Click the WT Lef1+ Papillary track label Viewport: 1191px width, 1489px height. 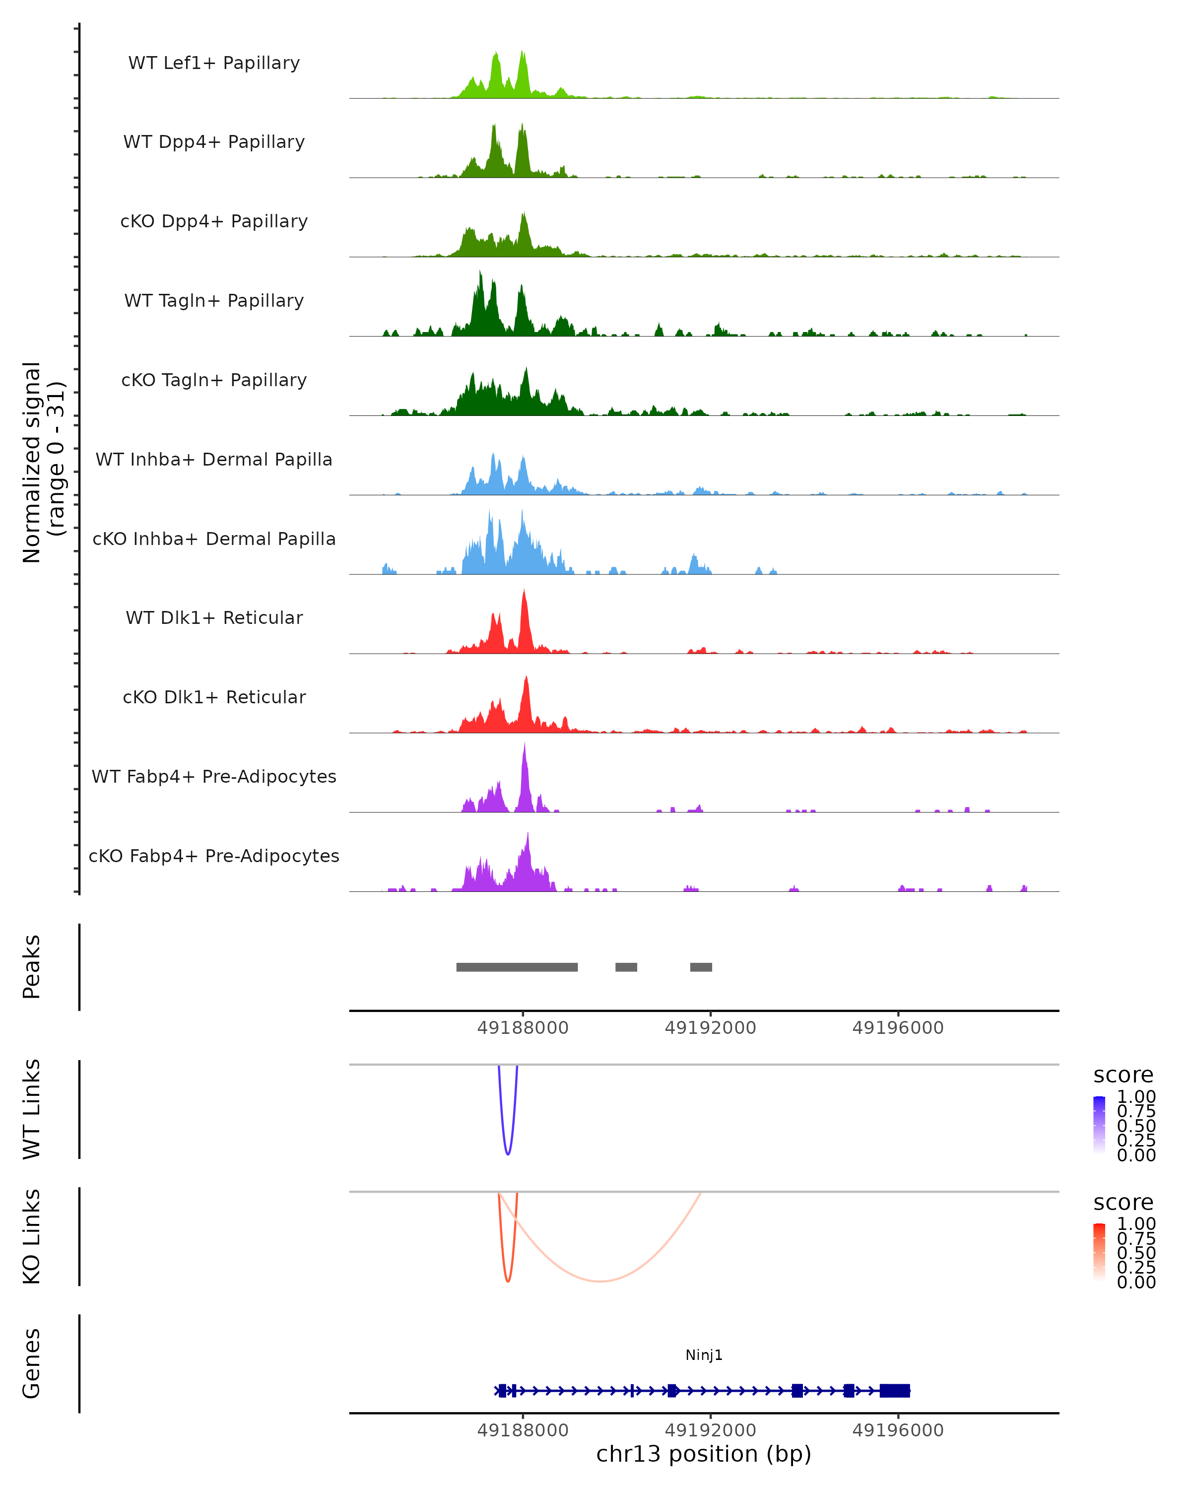coord(214,63)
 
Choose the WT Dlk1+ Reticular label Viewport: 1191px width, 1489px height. coord(214,617)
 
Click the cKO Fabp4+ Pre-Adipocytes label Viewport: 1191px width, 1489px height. coord(214,856)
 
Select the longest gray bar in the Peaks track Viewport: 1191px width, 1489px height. coord(517,967)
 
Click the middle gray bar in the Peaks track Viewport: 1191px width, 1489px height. coord(626,967)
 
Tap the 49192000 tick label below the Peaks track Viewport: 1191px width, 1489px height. coord(711,1028)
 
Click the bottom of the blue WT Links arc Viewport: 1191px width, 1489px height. coord(508,1154)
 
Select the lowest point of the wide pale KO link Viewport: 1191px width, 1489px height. coord(600,1281)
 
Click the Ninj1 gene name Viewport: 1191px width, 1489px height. coord(704,1355)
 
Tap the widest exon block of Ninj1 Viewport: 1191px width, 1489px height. coord(895,1391)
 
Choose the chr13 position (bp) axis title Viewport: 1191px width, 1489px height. coord(704,1454)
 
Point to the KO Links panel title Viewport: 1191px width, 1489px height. coord(32,1236)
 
